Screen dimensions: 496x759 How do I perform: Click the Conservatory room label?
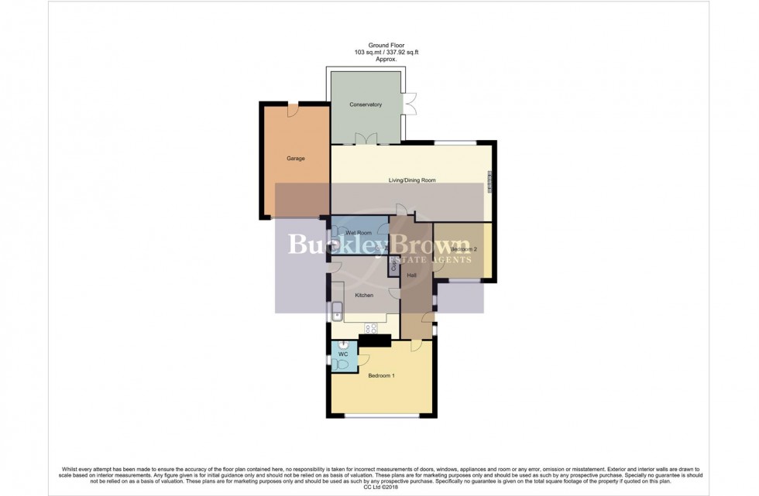pos(366,104)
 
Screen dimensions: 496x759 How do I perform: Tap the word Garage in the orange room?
pos(295,159)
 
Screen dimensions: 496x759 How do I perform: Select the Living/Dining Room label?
pos(412,180)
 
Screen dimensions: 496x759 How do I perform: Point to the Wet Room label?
pos(359,233)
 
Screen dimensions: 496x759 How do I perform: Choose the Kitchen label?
pos(364,296)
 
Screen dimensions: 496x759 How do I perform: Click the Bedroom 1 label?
pos(381,376)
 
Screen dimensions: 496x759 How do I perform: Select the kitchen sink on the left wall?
pos(338,313)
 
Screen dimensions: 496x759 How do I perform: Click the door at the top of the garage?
pos(293,111)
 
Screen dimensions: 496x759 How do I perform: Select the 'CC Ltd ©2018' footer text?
pos(379,487)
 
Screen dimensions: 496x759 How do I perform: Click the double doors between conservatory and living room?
pos(365,139)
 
